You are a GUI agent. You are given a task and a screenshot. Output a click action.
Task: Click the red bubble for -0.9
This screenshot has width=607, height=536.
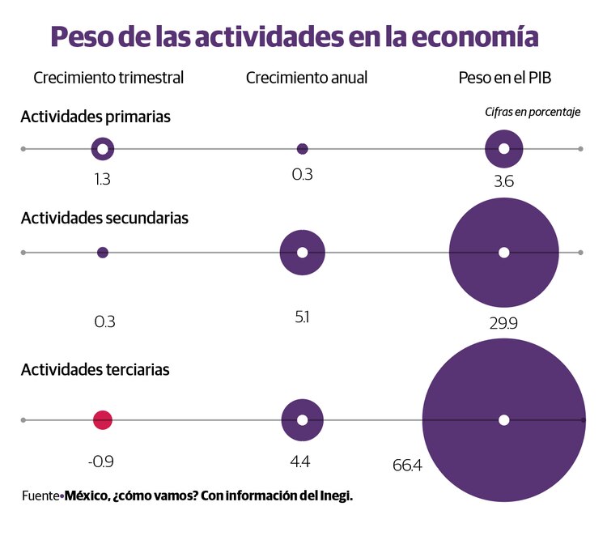click(x=102, y=420)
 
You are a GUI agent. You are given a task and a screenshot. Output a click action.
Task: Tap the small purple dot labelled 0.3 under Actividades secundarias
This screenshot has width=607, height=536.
click(x=102, y=253)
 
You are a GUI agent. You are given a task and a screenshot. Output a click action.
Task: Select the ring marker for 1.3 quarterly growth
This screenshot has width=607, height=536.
click(x=102, y=149)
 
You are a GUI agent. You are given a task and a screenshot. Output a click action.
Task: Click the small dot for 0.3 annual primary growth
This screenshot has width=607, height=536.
click(x=303, y=149)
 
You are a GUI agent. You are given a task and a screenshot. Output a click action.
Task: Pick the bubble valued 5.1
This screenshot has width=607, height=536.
click(x=303, y=253)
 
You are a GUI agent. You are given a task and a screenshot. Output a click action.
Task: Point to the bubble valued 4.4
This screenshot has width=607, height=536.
click(x=303, y=420)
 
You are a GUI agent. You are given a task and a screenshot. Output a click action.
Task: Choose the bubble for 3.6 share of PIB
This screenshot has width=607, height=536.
click(x=503, y=149)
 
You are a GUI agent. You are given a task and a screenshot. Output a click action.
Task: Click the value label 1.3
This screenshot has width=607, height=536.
click(x=102, y=180)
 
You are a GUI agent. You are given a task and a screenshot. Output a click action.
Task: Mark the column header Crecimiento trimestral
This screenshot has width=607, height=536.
click(x=108, y=78)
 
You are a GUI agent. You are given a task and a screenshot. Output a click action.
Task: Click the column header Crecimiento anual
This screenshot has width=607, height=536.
click(x=307, y=78)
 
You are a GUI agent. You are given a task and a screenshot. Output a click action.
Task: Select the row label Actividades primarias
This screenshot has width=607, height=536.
click(x=96, y=117)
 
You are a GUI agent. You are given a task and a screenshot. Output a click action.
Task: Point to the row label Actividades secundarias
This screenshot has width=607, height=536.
click(x=104, y=218)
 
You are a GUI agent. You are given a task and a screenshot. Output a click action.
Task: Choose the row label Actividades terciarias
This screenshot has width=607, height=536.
click(x=96, y=369)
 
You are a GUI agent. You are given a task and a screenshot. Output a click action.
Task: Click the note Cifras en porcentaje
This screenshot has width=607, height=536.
click(x=533, y=112)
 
